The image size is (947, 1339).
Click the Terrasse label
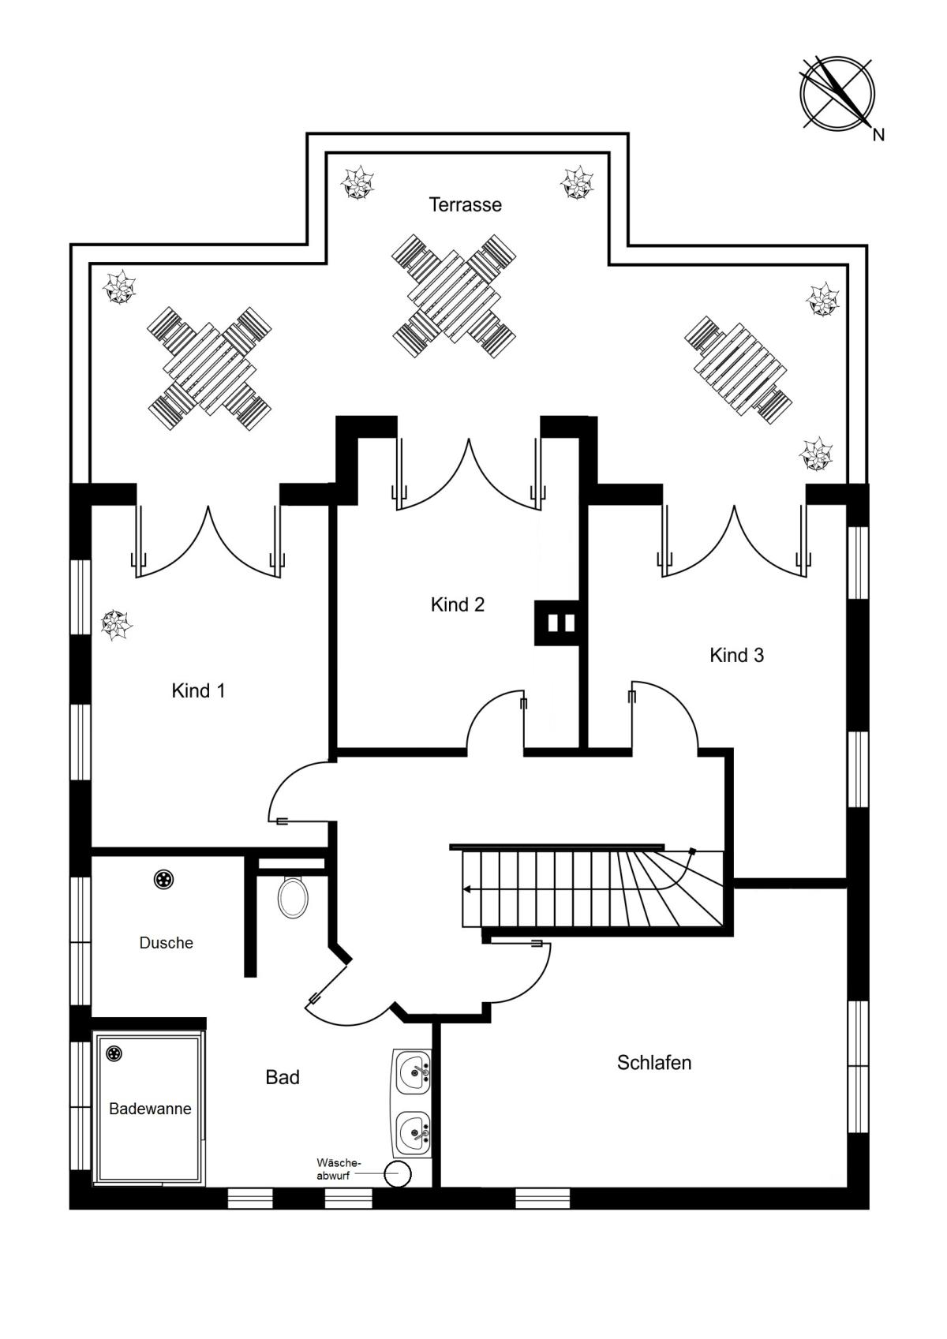(465, 205)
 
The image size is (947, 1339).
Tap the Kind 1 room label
(198, 691)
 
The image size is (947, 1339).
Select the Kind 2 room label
(458, 605)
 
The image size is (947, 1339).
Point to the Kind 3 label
(736, 656)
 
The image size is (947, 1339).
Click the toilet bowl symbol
(293, 896)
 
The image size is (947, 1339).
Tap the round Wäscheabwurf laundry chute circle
(399, 1173)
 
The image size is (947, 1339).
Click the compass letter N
(878, 135)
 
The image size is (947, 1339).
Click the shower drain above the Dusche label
(163, 879)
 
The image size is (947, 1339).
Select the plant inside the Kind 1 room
(116, 625)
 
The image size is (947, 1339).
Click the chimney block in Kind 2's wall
(556, 623)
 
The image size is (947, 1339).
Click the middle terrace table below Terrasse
(454, 297)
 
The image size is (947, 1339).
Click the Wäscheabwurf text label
(339, 1168)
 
